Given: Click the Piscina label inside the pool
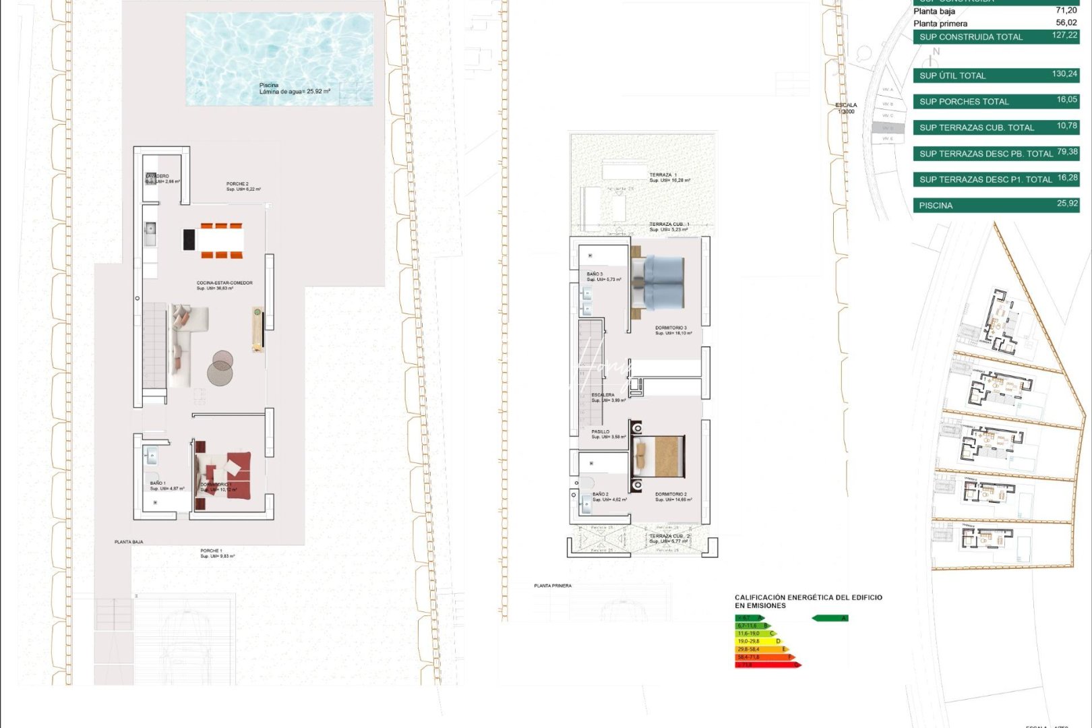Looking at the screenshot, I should click(269, 86).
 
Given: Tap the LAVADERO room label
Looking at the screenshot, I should click(158, 176).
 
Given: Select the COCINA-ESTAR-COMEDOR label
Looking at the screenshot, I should click(224, 283).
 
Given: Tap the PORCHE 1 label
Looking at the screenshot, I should click(211, 551).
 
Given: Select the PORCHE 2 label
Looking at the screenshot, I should click(237, 184).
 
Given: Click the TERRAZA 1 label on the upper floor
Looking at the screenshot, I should click(663, 175).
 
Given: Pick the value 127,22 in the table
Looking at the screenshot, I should click(1064, 35).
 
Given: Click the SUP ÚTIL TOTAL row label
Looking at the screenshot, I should click(952, 75).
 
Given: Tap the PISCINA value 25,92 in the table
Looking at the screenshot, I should click(1067, 203).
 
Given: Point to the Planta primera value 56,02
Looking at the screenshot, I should click(1066, 22).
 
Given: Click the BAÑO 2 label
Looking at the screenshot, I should click(601, 494).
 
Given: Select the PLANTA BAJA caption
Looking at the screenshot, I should click(129, 542).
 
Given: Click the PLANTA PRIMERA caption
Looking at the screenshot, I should click(553, 586).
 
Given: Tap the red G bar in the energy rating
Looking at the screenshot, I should click(766, 665).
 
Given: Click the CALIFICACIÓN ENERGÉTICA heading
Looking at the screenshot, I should click(808, 597).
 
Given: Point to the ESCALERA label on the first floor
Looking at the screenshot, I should click(603, 395).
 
